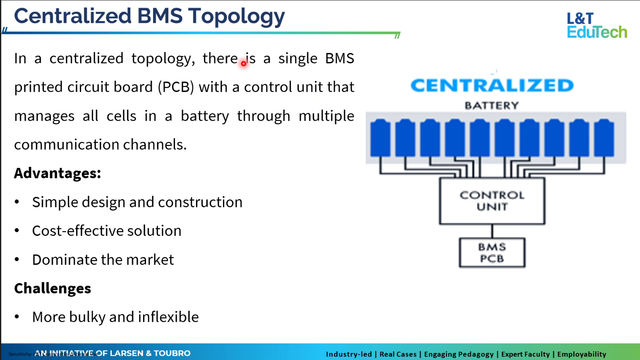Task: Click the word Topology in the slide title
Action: coord(236,17)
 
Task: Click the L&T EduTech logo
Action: coord(597,26)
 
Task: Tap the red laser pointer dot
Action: coord(244,63)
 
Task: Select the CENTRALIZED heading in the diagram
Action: coord(492,86)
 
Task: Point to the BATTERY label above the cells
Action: coord(491,106)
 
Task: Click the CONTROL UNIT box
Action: coord(492,201)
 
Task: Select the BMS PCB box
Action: coord(492,252)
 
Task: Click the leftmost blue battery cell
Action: coord(380,138)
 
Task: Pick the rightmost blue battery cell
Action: coord(604,138)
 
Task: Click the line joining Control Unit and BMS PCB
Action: coord(492,231)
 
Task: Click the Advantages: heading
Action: coord(58,173)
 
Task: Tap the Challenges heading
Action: coord(53,288)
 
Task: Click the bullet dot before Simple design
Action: coord(17,202)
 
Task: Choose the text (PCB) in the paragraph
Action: coord(176,87)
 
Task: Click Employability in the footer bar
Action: coord(581,354)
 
